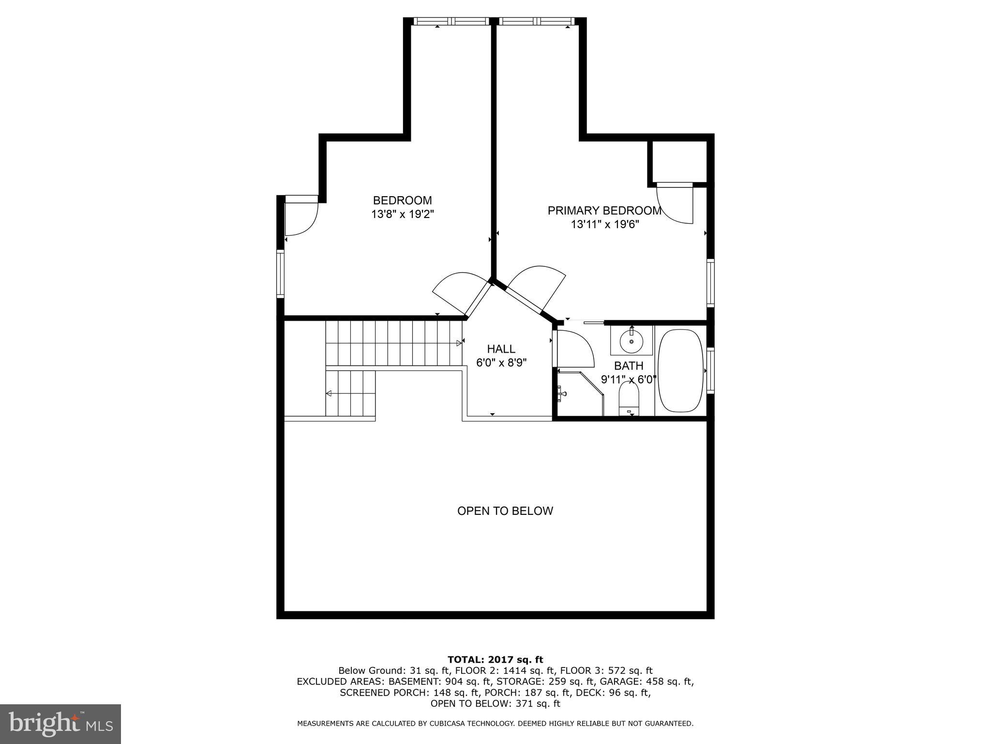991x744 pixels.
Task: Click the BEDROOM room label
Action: coord(402,200)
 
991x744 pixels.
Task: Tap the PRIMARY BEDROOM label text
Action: coord(604,211)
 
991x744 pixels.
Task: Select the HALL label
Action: coord(501,349)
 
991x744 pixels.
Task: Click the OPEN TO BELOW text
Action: coord(505,511)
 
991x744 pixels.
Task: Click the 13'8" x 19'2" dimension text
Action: coord(402,214)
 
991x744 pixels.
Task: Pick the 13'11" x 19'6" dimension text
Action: coord(604,224)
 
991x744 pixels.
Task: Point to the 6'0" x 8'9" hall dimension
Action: coord(501,362)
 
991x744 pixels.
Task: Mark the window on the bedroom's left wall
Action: coord(280,273)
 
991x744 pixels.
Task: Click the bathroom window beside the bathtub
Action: coord(710,371)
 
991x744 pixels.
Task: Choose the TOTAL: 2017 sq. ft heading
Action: coord(495,659)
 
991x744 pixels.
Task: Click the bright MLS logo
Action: coord(60,724)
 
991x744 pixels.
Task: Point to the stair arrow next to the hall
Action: coord(458,343)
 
